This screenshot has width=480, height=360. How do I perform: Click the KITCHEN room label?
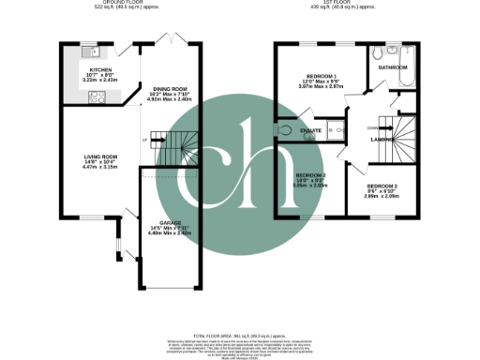pyautogui.click(x=100, y=69)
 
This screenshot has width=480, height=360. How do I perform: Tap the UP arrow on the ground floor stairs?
pyautogui.click(x=143, y=141)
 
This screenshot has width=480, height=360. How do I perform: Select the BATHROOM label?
pyautogui.click(x=392, y=67)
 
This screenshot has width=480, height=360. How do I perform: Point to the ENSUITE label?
pyautogui.click(x=312, y=130)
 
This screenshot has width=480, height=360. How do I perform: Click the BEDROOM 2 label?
pyautogui.click(x=311, y=175)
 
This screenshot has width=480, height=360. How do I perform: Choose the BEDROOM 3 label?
pyautogui.click(x=382, y=187)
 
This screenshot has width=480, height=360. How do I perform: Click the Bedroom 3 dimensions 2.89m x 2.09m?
pyautogui.click(x=382, y=198)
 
